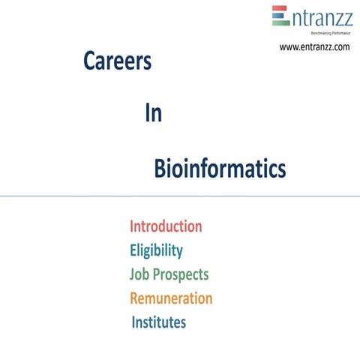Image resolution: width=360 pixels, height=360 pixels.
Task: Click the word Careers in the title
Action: pos(117,62)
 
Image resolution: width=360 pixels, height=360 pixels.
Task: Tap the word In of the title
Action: pos(153,114)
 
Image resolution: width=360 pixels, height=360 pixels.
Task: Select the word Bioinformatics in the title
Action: pos(220,169)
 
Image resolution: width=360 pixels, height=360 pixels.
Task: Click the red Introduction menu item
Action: pos(166,226)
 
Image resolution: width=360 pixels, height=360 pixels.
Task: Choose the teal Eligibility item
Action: pos(156,250)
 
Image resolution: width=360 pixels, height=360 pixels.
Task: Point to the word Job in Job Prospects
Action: pos(141,274)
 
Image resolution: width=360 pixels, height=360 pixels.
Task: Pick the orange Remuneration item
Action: pos(171,298)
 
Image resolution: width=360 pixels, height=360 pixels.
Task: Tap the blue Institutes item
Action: pos(159,323)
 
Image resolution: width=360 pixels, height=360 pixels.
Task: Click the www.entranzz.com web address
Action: pos(314,47)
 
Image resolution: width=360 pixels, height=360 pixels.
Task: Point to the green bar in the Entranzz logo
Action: pos(280,22)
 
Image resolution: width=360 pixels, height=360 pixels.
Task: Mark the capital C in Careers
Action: pos(89,62)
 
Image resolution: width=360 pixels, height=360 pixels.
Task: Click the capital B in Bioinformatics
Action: pos(159,169)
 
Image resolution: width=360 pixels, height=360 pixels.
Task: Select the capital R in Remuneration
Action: pos(135,298)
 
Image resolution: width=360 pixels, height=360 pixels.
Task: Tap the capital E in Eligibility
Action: pos(133,250)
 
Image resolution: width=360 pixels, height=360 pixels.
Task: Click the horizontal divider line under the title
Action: pos(180,196)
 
